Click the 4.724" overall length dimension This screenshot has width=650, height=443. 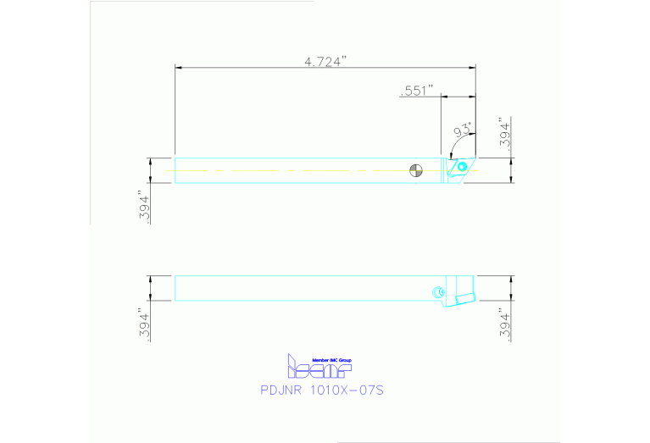(x=325, y=61)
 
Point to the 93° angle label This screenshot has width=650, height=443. (x=463, y=130)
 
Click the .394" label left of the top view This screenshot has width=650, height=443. (x=145, y=208)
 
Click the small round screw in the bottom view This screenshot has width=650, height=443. (x=437, y=292)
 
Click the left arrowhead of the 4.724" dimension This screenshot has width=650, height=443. (x=178, y=67)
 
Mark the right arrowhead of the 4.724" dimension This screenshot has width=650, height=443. (x=472, y=67)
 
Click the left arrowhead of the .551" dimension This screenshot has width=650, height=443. (x=443, y=97)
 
